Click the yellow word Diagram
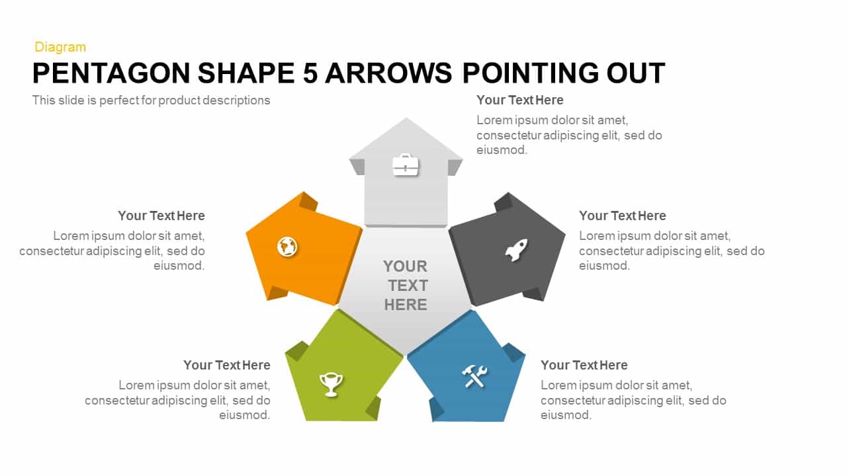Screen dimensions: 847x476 coord(60,47)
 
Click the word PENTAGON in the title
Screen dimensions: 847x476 coord(111,73)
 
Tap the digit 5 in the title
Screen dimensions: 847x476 coord(310,73)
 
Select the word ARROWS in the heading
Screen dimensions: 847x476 coord(388,73)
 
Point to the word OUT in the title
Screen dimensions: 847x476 coord(636,73)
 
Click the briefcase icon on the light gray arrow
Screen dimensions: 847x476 coord(406,165)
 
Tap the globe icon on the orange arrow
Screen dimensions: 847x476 coord(287,247)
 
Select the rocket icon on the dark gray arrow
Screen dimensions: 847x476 coord(517,250)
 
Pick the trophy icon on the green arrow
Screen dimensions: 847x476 coord(331,385)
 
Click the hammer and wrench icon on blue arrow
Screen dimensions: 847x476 coord(474,376)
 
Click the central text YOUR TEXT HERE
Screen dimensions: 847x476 coord(406,286)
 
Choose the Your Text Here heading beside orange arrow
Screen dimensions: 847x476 coord(161,216)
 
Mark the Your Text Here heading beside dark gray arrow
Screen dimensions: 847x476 coord(623,216)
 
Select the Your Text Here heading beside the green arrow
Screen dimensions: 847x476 coord(227,366)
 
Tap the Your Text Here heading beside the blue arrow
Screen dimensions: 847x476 coord(584,366)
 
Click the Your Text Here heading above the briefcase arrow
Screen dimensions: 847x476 coord(520,100)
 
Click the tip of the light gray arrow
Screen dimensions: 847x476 coord(406,118)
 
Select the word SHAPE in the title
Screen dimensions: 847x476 coord(246,73)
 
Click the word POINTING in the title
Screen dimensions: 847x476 coord(531,73)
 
